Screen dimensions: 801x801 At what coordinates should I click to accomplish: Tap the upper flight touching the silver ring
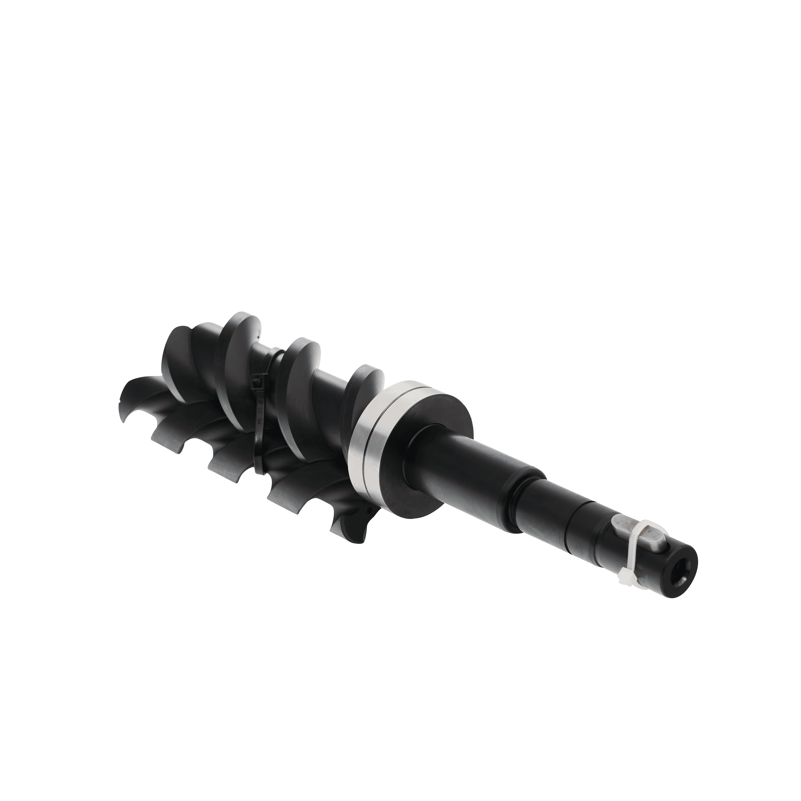365,386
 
